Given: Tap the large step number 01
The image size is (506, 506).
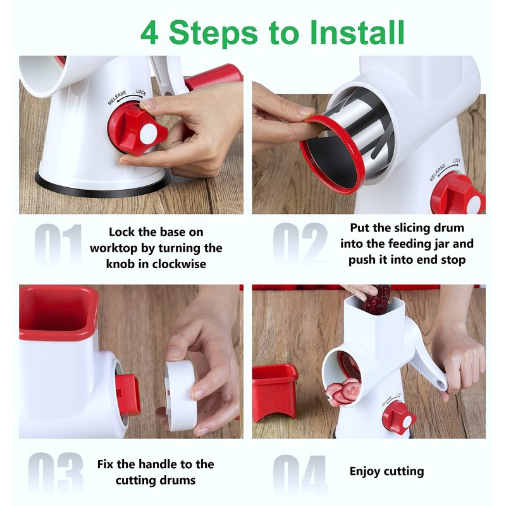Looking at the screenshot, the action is pyautogui.click(x=58, y=244).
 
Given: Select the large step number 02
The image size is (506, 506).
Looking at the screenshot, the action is pyautogui.click(x=300, y=243).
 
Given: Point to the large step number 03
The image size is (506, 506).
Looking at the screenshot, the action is pyautogui.click(x=56, y=472).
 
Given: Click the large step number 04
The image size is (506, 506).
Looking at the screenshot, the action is pyautogui.click(x=300, y=474).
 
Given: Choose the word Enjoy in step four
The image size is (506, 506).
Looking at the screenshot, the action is pyautogui.click(x=366, y=472).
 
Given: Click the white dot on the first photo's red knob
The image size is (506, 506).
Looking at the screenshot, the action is pyautogui.click(x=149, y=135).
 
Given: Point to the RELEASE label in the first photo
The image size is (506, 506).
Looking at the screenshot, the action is pyautogui.click(x=117, y=97).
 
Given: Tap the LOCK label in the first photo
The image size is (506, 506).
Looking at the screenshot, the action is pyautogui.click(x=141, y=92).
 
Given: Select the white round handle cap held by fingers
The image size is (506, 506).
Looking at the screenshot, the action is pyautogui.click(x=180, y=395).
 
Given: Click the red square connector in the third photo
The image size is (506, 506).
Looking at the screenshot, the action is pyautogui.click(x=128, y=394).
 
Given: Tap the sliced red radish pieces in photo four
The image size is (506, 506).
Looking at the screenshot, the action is pyautogui.click(x=343, y=392).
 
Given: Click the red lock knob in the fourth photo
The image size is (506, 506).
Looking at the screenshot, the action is pyautogui.click(x=399, y=417).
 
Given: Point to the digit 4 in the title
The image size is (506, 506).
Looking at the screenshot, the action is pyautogui.click(x=149, y=33).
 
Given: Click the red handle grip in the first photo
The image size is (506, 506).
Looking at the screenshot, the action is pyautogui.click(x=214, y=77).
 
